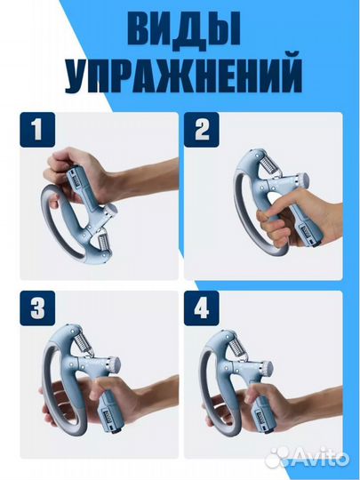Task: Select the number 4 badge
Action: (200, 308)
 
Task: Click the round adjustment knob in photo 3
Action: (114, 364)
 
